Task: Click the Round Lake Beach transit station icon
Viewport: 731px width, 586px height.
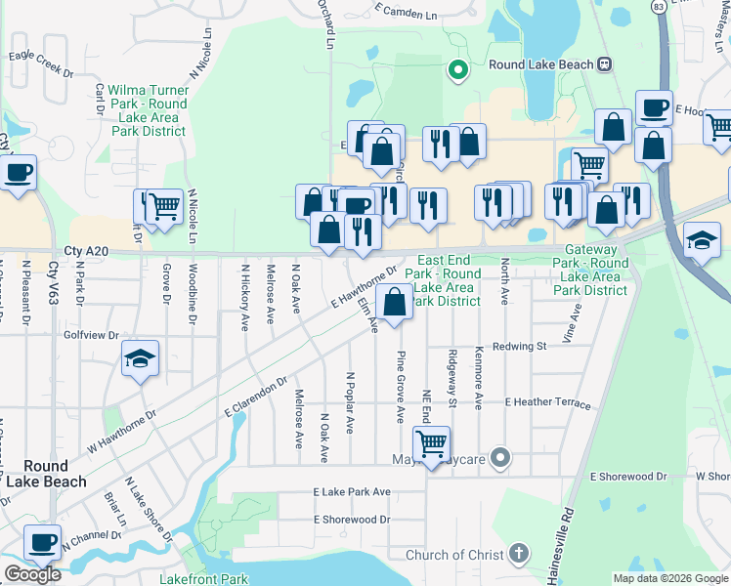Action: coord(605,64)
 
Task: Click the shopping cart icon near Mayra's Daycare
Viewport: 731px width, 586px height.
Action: coord(431,443)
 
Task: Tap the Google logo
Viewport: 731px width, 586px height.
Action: coord(31,574)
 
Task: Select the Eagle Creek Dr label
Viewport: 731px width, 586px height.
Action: coord(40,65)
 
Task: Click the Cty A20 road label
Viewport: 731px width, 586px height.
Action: coord(84,251)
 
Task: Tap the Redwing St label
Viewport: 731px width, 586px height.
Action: coord(519,346)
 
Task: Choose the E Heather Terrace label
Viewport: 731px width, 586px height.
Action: coord(547,402)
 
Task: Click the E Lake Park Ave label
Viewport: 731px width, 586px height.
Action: coord(352,492)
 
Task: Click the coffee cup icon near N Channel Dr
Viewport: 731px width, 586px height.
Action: coord(42,542)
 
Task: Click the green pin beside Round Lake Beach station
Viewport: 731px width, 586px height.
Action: coord(456,68)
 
